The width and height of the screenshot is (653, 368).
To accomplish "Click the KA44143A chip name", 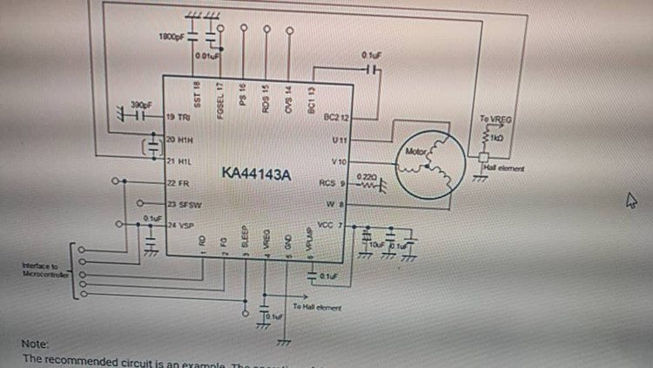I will click(x=256, y=174).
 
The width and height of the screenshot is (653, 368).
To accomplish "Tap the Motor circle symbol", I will click(x=426, y=164).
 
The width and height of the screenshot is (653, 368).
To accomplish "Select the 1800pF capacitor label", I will click(x=172, y=37).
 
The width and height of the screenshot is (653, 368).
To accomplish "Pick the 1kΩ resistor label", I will click(x=497, y=139).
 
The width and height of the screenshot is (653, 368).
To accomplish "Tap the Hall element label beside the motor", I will click(x=502, y=167).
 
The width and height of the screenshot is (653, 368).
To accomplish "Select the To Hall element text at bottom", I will click(x=317, y=308).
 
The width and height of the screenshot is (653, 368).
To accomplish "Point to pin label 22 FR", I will click(x=178, y=182).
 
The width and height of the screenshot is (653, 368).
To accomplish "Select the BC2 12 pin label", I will click(x=335, y=117).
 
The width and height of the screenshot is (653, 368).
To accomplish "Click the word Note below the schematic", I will click(x=36, y=344).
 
